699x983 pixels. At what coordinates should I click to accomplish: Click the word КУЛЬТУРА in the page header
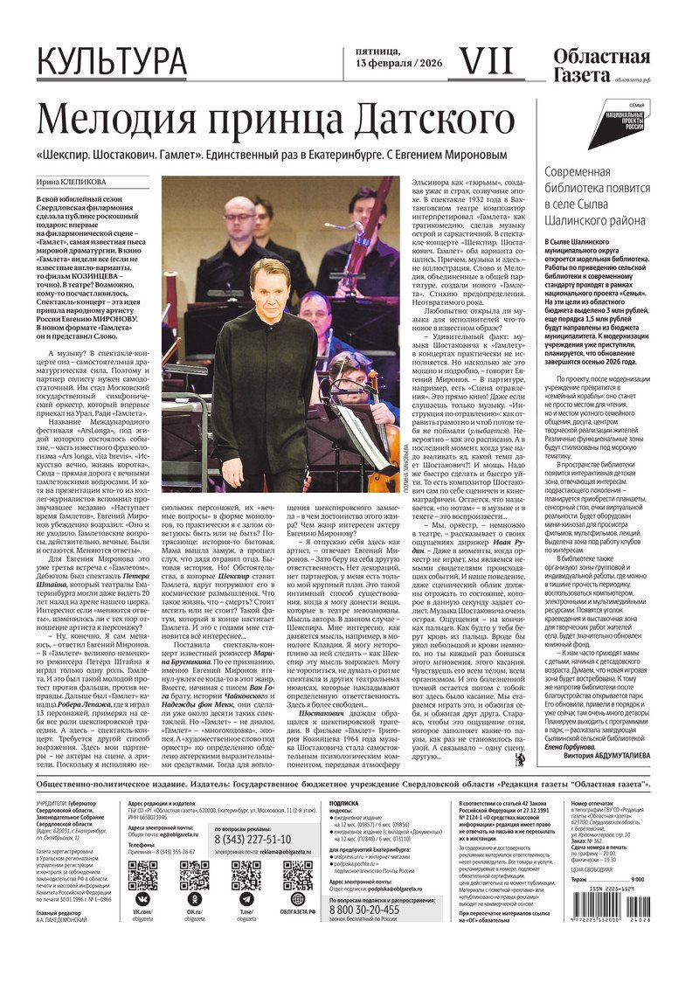[111, 62]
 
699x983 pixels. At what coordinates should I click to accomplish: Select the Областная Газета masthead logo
[601, 66]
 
